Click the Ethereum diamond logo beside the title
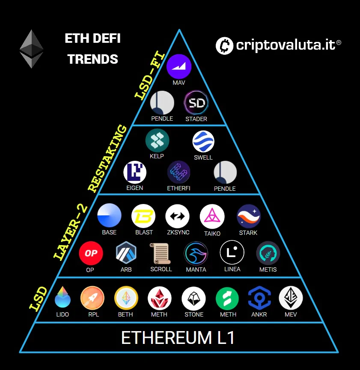tap(31, 49)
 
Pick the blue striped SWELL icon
tap(203, 142)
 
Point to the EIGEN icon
tap(135, 172)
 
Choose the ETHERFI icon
tap(179, 172)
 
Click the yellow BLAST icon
tap(144, 216)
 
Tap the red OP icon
tap(91, 253)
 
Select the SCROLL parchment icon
tap(161, 253)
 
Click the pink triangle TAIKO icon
tap(212, 216)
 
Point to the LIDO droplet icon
tap(62, 298)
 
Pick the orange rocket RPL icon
tap(92, 298)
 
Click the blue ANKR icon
tap(259, 298)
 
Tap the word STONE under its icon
tap(194, 314)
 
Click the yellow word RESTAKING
tap(107, 158)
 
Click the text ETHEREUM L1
tap(178, 338)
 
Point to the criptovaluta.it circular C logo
tap(224, 45)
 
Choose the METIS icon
tap(268, 253)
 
